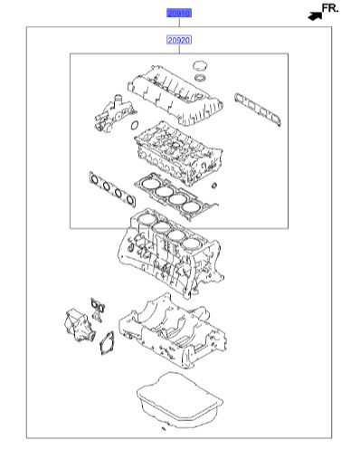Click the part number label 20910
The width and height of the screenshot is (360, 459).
[178, 14]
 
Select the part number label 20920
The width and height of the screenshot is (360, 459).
[178, 41]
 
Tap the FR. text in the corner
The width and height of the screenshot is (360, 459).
[330, 9]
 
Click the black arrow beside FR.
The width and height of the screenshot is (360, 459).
[313, 14]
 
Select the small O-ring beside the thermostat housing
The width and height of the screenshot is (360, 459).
[134, 124]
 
